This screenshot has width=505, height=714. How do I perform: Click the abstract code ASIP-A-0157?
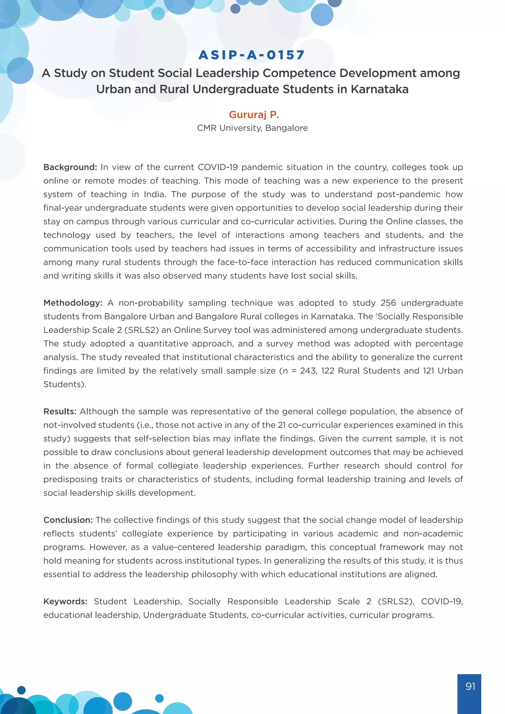point(252,55)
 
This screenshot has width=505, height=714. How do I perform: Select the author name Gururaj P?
point(254,114)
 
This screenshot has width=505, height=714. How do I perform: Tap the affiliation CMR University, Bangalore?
point(252,128)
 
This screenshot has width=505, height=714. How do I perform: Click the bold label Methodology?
point(73,303)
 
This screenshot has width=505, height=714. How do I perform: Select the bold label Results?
point(60,411)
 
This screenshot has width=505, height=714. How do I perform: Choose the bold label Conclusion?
point(68,520)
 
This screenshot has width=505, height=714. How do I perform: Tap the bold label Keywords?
point(65,601)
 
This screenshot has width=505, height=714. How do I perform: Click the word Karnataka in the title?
point(379,89)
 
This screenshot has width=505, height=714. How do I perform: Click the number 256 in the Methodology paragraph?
point(388,303)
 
